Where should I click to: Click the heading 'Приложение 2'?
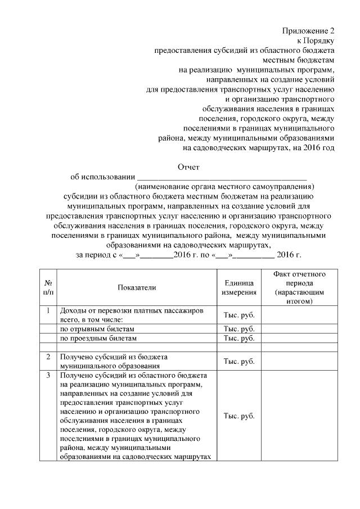pyautogui.click(x=308, y=31)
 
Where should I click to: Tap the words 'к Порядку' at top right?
pyautogui.click(x=316, y=40)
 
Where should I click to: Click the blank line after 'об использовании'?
pyautogui.click(x=222, y=177)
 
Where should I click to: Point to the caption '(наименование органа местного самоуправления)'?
pyautogui.click(x=224, y=187)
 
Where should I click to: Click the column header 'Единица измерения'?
pyautogui.click(x=239, y=287)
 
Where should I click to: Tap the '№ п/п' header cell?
pyautogui.click(x=48, y=287)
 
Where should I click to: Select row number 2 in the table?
pyautogui.click(x=48, y=357)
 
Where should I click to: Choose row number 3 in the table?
pyautogui.click(x=48, y=375)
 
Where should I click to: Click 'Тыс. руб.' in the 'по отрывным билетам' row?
pyautogui.click(x=239, y=328)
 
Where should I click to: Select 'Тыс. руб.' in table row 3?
pyautogui.click(x=239, y=416)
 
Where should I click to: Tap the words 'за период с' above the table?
pyautogui.click(x=95, y=255)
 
